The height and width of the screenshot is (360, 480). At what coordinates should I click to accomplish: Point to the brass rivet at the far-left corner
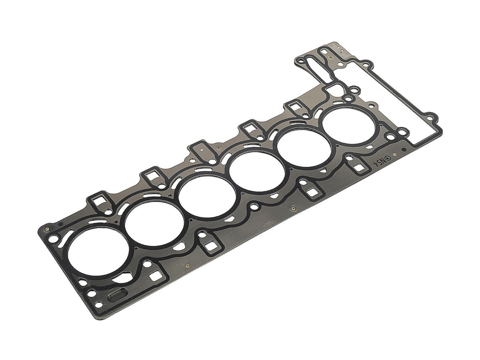[x=47, y=229]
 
